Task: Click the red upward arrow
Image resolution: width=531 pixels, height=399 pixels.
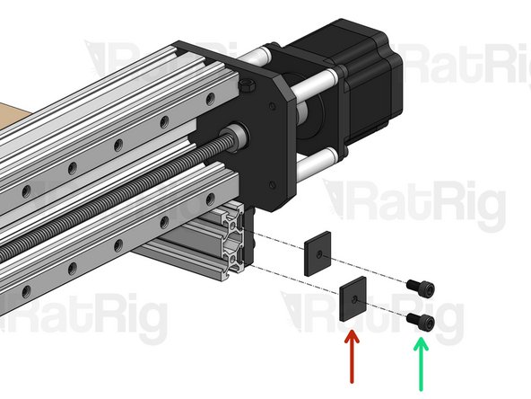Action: pyautogui.click(x=352, y=359)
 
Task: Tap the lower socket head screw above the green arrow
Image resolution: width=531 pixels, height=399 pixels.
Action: pyautogui.click(x=421, y=320)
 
